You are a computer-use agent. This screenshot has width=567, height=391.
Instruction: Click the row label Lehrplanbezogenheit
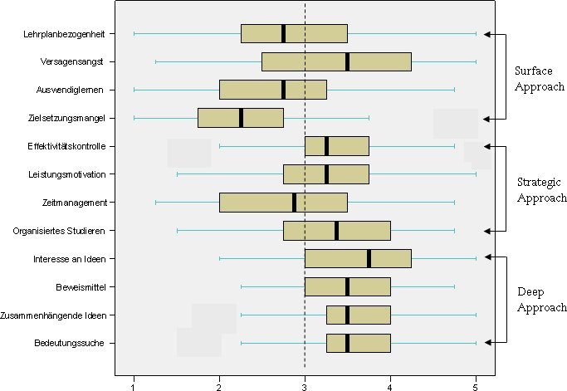coord(65,34)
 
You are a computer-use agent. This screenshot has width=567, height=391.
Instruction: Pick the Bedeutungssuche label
coord(70,343)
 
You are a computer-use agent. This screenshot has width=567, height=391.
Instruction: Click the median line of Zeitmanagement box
coord(294,203)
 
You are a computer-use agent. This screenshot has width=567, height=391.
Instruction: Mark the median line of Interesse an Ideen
coord(369,259)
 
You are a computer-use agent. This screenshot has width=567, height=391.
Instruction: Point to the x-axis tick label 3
coord(305,385)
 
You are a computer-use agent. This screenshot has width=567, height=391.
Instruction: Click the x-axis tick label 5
coord(476,385)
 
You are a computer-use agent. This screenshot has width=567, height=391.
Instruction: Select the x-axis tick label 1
coord(134,385)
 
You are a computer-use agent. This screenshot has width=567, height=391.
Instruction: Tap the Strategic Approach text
coord(541,190)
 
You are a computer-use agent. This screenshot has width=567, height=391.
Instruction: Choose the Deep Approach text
coord(535,300)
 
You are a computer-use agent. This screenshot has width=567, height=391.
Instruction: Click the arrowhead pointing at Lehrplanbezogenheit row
coord(489,34)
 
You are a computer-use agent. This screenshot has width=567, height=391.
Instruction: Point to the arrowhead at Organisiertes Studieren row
coord(489,230)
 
